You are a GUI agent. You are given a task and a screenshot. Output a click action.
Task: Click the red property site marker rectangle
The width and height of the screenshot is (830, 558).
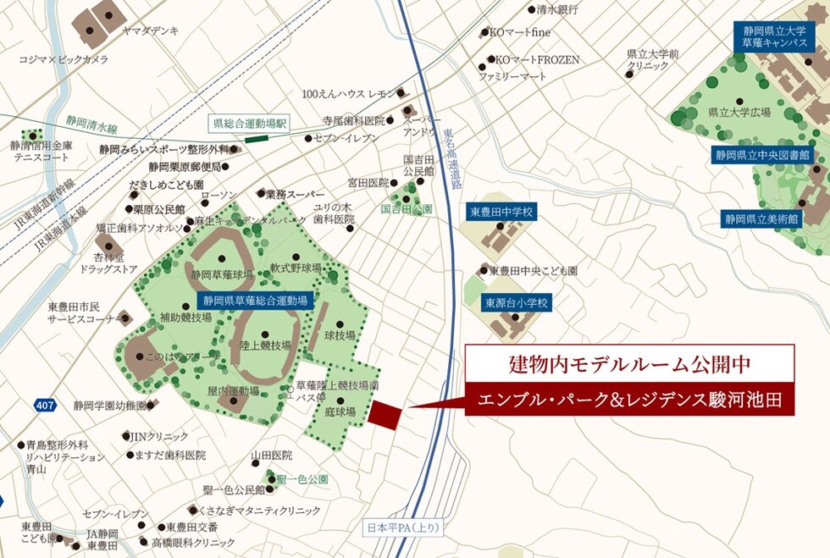[385, 415]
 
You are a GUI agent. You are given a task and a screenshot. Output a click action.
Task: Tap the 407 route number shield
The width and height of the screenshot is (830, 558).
[46, 406]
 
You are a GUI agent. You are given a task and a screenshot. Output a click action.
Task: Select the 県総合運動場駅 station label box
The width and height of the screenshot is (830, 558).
[252, 123]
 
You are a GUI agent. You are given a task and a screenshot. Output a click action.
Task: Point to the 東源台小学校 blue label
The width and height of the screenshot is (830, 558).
[517, 301]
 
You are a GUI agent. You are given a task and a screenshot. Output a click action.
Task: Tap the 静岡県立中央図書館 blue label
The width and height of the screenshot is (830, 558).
[762, 155]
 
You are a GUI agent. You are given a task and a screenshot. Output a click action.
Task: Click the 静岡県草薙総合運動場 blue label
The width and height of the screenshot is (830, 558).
[257, 300]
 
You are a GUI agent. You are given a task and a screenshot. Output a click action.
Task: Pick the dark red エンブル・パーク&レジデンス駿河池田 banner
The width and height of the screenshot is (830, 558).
[630, 399]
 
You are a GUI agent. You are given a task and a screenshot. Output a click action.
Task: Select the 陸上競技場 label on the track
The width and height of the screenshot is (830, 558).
[265, 345]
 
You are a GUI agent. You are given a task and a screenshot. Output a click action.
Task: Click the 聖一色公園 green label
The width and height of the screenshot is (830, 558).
[304, 479]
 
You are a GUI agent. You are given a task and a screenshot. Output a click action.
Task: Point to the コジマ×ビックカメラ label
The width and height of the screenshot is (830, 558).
[64, 59]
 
